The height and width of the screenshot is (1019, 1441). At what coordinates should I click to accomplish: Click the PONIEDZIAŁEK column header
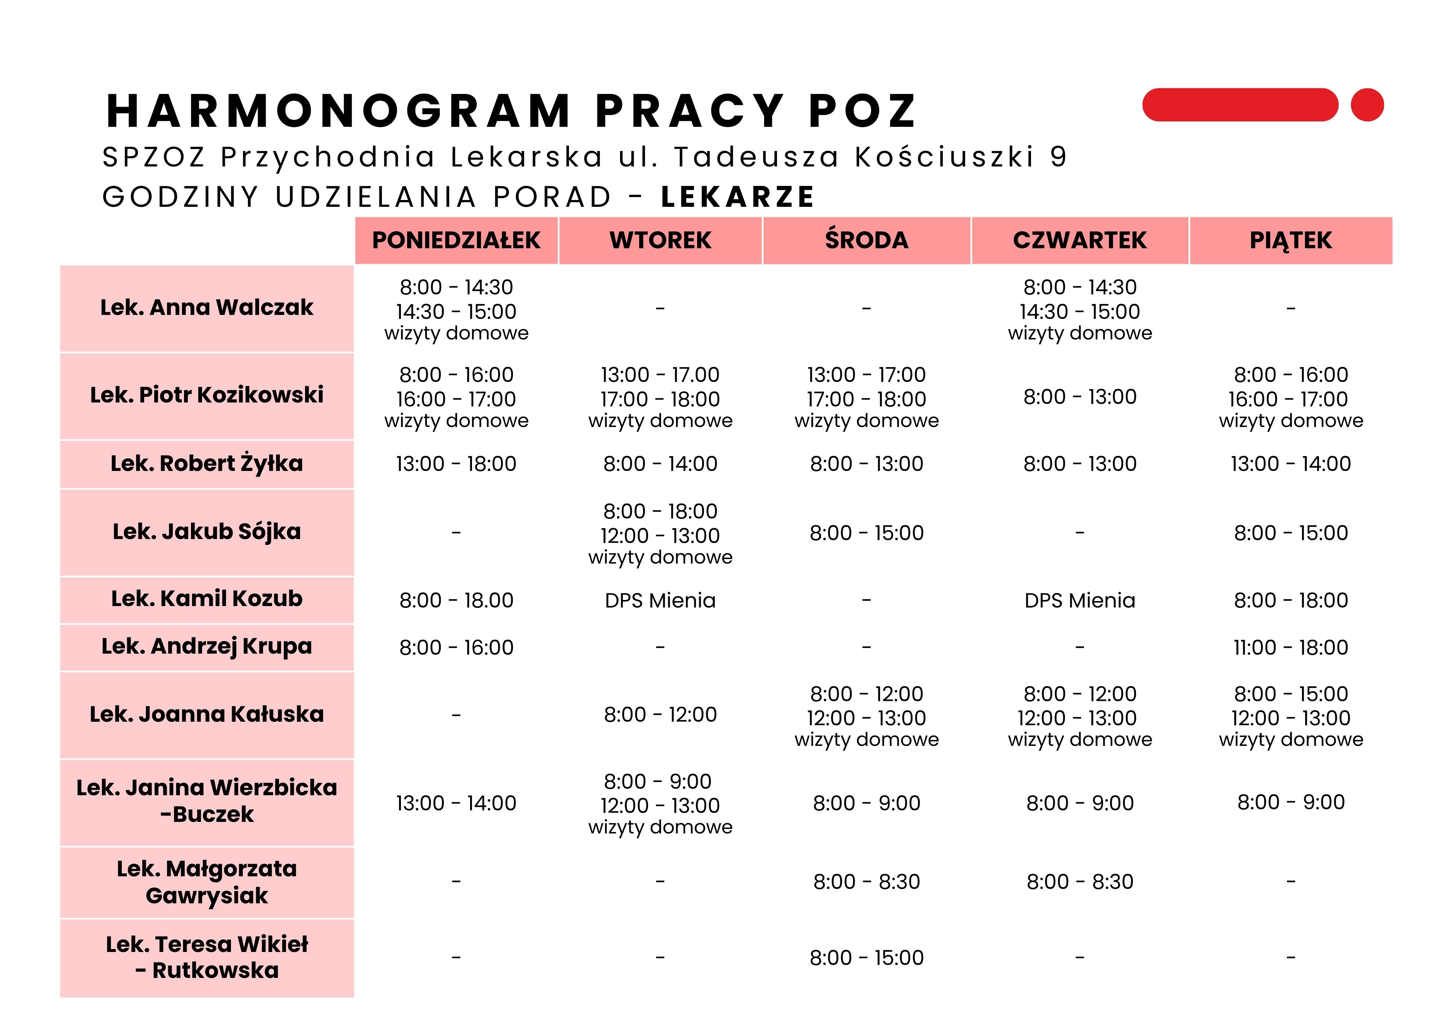pyautogui.click(x=456, y=240)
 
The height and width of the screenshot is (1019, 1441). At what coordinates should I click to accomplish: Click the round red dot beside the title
pyautogui.click(x=1367, y=105)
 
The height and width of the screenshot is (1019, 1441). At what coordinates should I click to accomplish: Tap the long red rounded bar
pyautogui.click(x=1240, y=105)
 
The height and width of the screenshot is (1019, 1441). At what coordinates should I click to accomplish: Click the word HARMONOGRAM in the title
pyautogui.click(x=339, y=111)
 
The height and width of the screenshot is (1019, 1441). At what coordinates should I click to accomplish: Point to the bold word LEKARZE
pyautogui.click(x=737, y=197)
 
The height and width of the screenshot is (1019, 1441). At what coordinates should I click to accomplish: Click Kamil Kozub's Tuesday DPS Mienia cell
pyautogui.click(x=660, y=600)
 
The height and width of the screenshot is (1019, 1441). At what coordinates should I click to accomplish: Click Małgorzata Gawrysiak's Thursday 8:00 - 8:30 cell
pyautogui.click(x=1080, y=881)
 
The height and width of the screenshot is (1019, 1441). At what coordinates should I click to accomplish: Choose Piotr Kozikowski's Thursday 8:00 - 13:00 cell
pyautogui.click(x=1080, y=397)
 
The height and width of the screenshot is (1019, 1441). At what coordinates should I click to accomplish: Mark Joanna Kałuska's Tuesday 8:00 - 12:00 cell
pyautogui.click(x=660, y=715)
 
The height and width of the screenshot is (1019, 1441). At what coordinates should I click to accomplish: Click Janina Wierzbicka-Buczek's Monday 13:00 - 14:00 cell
pyautogui.click(x=456, y=803)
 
